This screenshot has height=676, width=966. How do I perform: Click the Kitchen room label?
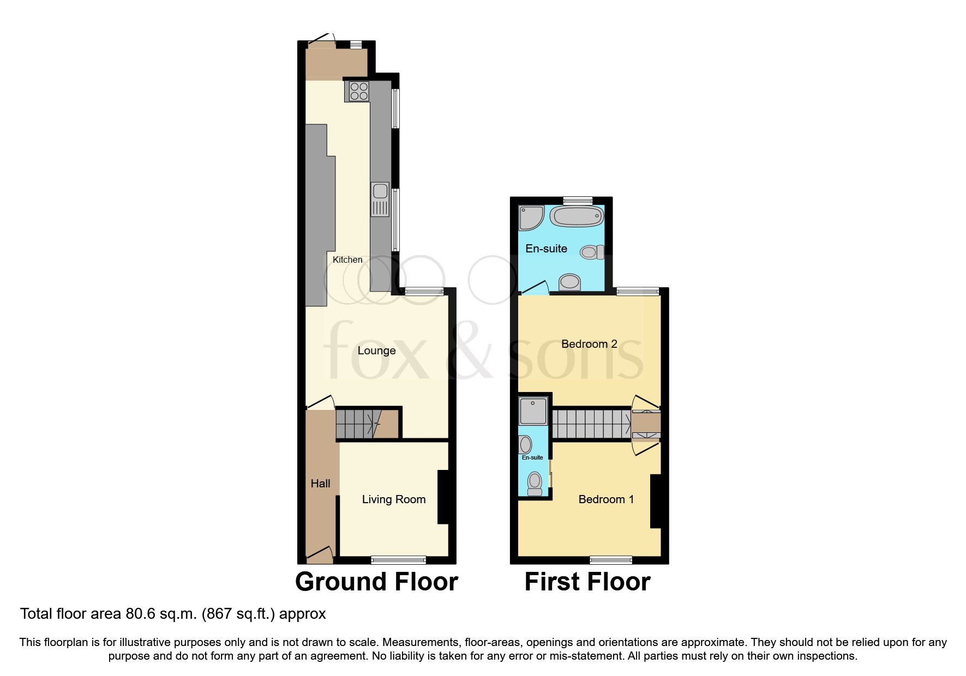(x=347, y=260)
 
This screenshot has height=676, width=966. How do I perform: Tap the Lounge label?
(x=376, y=351)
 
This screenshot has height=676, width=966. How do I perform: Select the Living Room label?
(x=394, y=499)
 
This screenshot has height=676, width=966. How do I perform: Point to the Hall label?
(x=320, y=484)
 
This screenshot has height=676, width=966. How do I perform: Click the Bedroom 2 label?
(x=589, y=344)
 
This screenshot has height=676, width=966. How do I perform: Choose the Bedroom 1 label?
(x=606, y=499)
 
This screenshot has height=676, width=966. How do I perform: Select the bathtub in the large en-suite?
(x=577, y=216)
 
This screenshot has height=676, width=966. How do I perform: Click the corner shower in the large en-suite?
(x=531, y=217)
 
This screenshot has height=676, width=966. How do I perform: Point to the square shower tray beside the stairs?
(x=533, y=411)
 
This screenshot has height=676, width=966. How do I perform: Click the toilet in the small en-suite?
(x=535, y=483)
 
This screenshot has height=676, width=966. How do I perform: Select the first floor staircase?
(x=591, y=424)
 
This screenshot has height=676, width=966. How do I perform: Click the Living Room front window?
(x=398, y=559)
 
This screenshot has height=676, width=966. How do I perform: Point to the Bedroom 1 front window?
(x=611, y=559)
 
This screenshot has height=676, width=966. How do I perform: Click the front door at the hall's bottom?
(x=320, y=555)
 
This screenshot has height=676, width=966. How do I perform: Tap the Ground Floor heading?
(x=376, y=582)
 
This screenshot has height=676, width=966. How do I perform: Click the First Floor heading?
(x=587, y=582)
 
